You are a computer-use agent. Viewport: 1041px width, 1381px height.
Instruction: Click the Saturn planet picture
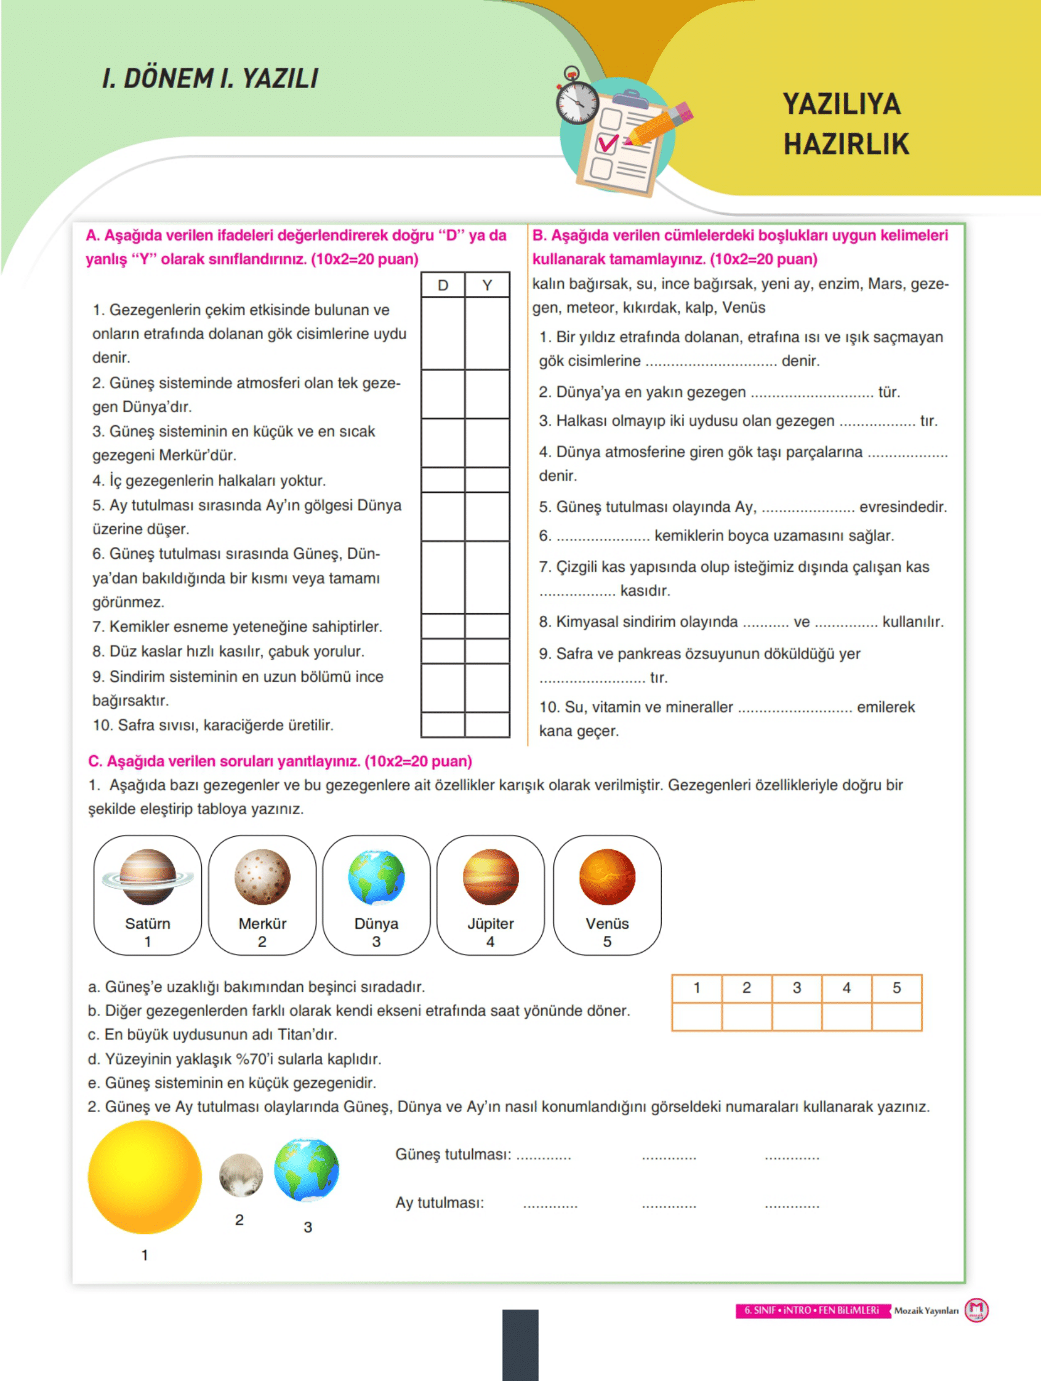[147, 876]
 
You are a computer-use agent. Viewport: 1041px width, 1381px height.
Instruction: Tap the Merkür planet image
[262, 876]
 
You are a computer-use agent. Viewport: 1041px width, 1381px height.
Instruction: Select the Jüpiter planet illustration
[490, 876]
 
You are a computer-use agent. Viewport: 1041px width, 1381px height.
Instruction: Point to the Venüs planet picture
[607, 876]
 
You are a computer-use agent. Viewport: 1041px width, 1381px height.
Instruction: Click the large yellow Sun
[145, 1177]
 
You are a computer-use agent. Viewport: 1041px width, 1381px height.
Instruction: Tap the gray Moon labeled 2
[241, 1174]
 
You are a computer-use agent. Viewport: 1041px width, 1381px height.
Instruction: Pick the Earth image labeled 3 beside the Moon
[307, 1169]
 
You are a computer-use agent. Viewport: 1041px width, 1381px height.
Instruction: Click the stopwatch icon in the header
[576, 100]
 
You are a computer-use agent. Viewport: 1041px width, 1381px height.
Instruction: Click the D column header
[443, 286]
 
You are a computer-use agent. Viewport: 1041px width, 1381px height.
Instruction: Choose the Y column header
[487, 286]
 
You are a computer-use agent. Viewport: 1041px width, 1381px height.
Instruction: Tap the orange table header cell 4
[847, 988]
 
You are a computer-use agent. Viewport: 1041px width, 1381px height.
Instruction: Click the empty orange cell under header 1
[697, 1017]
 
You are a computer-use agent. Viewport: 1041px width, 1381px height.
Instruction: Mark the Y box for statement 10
[487, 725]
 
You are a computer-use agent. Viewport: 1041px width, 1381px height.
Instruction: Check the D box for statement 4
[443, 480]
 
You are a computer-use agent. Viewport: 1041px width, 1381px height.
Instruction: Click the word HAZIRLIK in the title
[846, 144]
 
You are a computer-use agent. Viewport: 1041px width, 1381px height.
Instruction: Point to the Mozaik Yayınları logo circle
[976, 1310]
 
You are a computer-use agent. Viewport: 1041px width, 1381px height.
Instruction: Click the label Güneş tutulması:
[453, 1155]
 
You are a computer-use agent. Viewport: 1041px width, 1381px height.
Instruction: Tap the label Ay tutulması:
[440, 1203]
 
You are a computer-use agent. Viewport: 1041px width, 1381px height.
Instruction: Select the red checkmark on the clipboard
[608, 142]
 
